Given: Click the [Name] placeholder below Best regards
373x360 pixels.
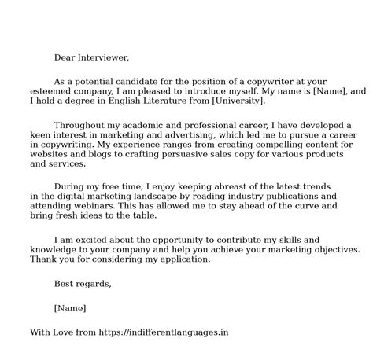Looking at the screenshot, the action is (x=70, y=307).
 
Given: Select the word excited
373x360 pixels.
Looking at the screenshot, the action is (x=94, y=238).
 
